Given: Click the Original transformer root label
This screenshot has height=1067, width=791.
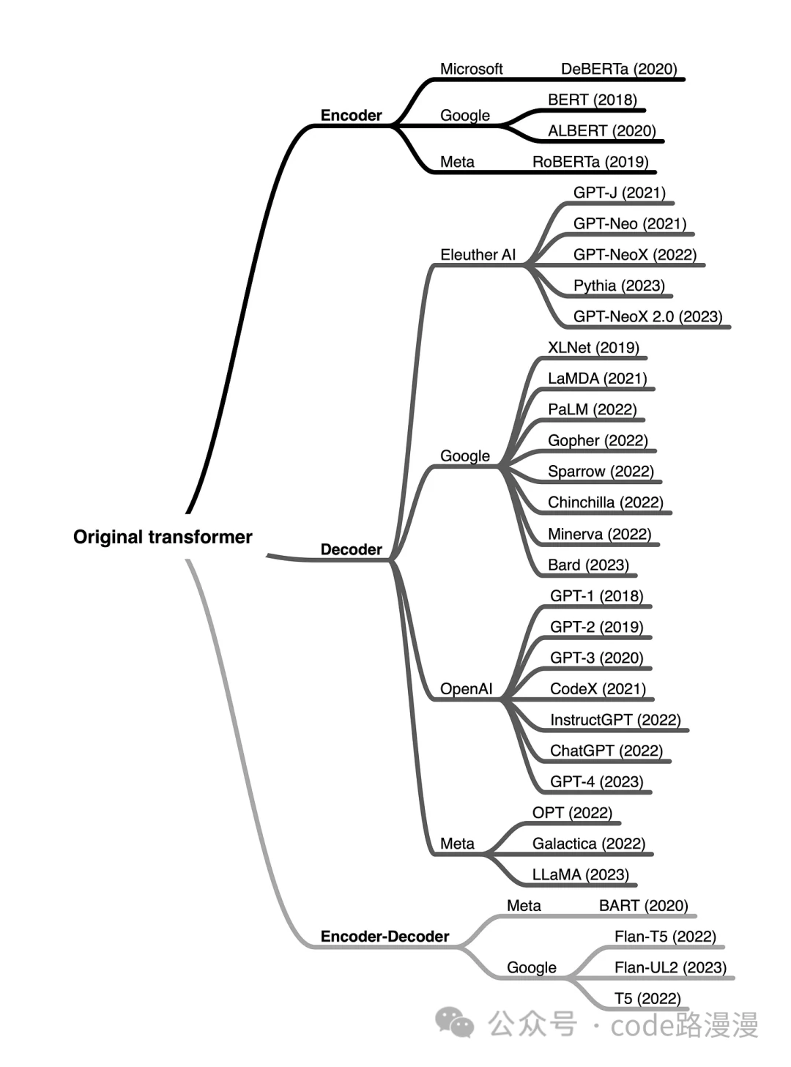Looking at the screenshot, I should tap(162, 537).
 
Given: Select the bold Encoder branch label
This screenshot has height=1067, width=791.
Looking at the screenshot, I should tap(351, 115).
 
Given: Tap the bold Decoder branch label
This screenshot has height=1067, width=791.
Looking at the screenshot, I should tap(351, 549).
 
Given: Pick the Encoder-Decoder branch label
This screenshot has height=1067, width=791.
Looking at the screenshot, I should tap(385, 936).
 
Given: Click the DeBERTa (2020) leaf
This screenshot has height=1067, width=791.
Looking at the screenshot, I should tap(619, 69).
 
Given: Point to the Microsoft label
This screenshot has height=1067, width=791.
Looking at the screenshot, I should tap(471, 69).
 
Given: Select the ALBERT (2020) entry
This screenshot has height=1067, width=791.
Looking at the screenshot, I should tap(601, 130).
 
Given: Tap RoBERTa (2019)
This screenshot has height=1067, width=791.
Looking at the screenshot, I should tap(590, 162).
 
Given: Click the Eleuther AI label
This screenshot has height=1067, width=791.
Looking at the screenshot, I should tap(478, 254).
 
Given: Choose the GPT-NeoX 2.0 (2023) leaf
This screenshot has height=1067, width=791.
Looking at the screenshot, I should tap(647, 316).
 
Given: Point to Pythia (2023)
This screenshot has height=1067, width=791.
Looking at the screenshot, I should tap(619, 286).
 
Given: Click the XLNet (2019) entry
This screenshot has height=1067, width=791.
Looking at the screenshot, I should tap(593, 347).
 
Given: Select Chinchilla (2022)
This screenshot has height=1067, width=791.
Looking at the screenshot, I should tap(605, 502).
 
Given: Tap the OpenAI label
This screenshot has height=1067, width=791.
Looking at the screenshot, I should tap(466, 689).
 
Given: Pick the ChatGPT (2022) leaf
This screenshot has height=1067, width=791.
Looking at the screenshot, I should tap(606, 751).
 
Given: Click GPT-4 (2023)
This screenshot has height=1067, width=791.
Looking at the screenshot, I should tap(596, 781).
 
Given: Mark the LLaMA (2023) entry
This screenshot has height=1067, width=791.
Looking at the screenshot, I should tap(580, 874).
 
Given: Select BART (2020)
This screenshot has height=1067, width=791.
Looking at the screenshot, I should tap(643, 905).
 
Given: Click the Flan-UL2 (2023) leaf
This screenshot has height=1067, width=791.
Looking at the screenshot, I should tap(670, 967).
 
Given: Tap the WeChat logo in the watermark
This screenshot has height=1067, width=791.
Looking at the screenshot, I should tap(454, 1023).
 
